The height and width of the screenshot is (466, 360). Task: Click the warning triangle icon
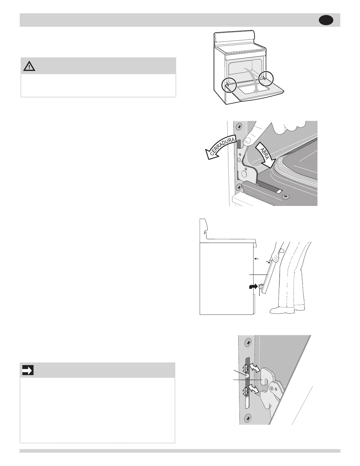pos(29,66)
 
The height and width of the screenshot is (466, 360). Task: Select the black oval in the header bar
pos(326,20)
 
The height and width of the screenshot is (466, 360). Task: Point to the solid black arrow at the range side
pos(252,287)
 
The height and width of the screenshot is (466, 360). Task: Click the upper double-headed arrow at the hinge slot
pos(254,368)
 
